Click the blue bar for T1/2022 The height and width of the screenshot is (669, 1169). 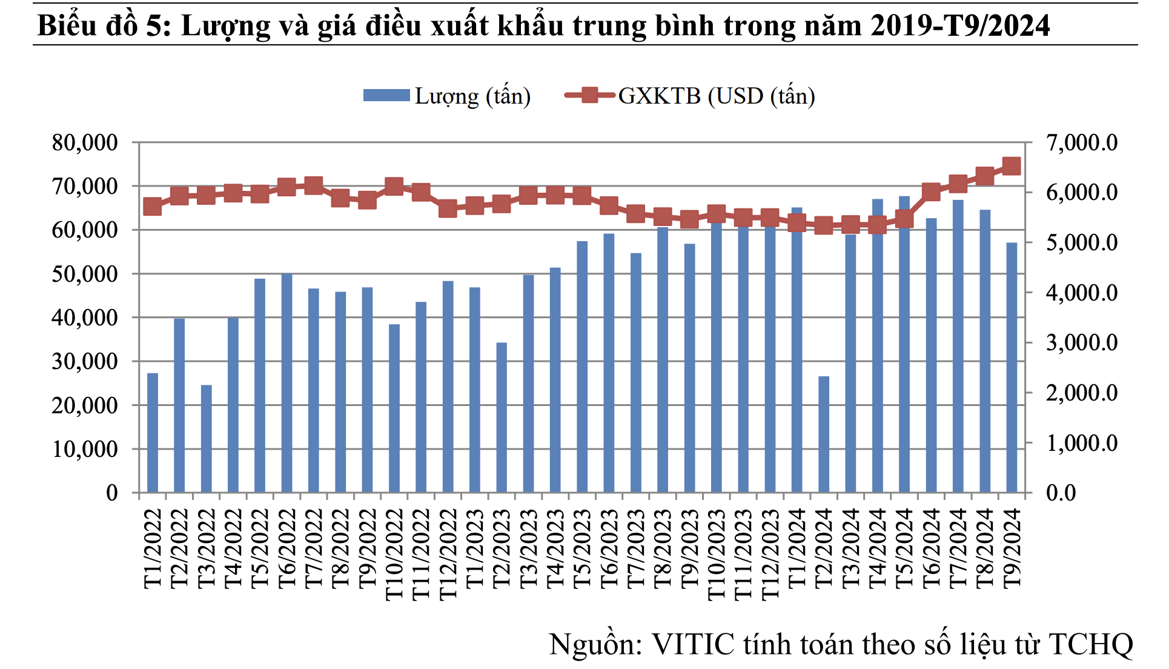coord(153,433)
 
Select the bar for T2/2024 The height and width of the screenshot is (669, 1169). coord(824,434)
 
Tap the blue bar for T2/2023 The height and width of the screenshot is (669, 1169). coord(502,418)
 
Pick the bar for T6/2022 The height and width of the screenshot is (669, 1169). coord(286,383)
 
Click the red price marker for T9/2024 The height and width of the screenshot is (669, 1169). coord(1012,166)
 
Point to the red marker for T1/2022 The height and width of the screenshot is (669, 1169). coord(153,207)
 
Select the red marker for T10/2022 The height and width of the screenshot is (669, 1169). coord(394,186)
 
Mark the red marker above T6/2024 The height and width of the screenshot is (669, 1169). coord(931,192)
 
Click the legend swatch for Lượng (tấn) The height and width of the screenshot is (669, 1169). coord(386,96)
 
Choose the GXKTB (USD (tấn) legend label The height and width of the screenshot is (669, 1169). coord(717,96)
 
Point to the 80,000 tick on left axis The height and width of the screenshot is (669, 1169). coord(85,143)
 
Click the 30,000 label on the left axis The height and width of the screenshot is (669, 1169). coord(85,362)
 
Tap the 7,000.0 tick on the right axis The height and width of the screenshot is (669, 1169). coord(1082,143)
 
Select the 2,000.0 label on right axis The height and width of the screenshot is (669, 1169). coord(1082,393)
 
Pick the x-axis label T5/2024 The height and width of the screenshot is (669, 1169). coord(904,548)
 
